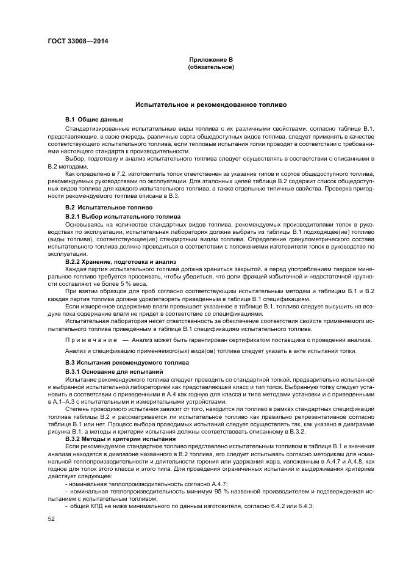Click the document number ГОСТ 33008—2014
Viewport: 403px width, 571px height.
click(x=73, y=42)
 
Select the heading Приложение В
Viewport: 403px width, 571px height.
click(x=211, y=59)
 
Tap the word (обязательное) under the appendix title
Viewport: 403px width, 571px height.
click(x=211, y=67)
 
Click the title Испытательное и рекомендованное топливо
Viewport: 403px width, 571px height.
click(x=211, y=105)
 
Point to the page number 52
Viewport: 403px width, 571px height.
click(x=51, y=519)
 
